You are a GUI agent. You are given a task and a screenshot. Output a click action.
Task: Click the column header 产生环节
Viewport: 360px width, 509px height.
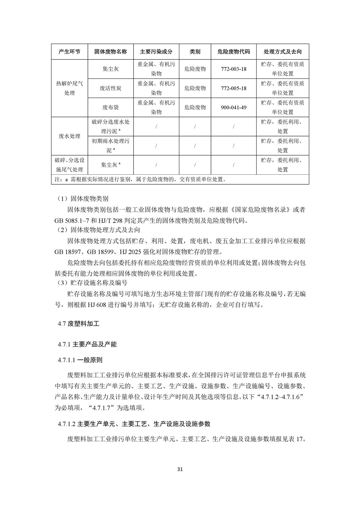pos(69,52)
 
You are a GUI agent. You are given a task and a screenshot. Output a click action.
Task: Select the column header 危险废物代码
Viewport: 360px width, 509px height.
pos(234,52)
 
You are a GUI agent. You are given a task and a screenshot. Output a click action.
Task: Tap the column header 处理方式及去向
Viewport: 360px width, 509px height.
pos(283,52)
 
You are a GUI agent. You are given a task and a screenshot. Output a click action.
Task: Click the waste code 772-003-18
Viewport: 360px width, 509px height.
pos(234,69)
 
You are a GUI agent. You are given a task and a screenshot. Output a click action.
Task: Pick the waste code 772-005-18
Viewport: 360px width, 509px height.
pos(234,88)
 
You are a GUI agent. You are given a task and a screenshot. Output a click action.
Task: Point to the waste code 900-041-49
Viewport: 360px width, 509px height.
pos(234,107)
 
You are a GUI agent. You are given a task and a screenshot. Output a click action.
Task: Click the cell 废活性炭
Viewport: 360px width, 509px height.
pos(111,88)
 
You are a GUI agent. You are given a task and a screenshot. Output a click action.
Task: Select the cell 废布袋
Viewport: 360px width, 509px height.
pos(111,107)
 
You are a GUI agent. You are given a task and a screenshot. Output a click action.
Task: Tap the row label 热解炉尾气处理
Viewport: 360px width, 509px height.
pos(69,88)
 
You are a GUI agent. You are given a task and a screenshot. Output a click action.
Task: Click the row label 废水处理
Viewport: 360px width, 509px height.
pos(69,136)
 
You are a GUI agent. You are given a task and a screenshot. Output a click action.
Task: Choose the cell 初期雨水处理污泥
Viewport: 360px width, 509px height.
pos(111,146)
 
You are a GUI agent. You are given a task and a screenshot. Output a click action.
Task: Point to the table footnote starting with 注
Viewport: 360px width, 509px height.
pos(140,179)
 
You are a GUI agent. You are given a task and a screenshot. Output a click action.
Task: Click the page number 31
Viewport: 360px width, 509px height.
pos(180,469)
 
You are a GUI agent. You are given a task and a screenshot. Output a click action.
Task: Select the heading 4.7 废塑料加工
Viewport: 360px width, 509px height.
pos(78,324)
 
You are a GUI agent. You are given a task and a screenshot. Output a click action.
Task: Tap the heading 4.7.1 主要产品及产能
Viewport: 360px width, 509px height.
pos(87,344)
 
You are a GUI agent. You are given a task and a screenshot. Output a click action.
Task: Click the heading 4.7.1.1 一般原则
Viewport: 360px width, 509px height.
pos(80,360)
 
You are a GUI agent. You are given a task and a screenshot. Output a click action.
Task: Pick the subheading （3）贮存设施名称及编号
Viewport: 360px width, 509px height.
pos(92,283)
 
